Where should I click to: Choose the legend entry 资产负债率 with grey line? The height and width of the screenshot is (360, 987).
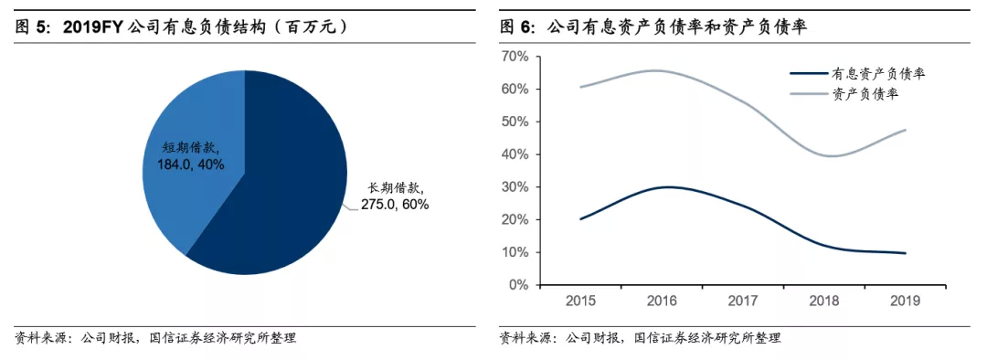pyautogui.click(x=873, y=93)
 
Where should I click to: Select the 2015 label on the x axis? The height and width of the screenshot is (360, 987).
pyautogui.click(x=582, y=301)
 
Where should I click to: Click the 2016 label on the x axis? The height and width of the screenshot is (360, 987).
pyautogui.click(x=663, y=301)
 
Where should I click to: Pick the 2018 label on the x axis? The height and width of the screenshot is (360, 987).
pyautogui.click(x=823, y=301)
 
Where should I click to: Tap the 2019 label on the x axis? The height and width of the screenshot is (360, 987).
pyautogui.click(x=904, y=301)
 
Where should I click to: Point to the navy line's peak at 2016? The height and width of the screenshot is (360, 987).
pyautogui.click(x=667, y=186)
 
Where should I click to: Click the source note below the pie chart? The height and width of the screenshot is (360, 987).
pyautogui.click(x=155, y=338)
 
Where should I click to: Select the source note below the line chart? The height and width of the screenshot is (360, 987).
pyautogui.click(x=640, y=338)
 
